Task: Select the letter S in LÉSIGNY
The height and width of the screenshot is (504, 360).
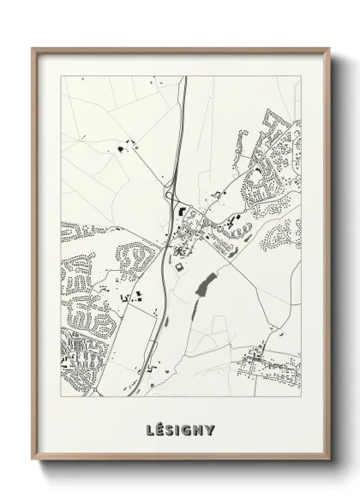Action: point(170,429)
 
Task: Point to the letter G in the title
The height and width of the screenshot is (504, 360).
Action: point(188,429)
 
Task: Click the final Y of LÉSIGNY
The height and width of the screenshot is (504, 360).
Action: point(211,429)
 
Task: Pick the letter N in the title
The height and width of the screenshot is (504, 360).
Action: point(200,429)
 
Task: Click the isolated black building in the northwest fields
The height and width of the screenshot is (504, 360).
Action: point(119,149)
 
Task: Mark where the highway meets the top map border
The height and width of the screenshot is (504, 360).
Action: point(184,76)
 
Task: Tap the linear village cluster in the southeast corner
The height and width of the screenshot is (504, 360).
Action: point(270,364)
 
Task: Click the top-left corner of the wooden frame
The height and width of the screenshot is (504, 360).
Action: point(33,48)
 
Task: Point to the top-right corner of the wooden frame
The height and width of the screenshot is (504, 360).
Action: point(327,48)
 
